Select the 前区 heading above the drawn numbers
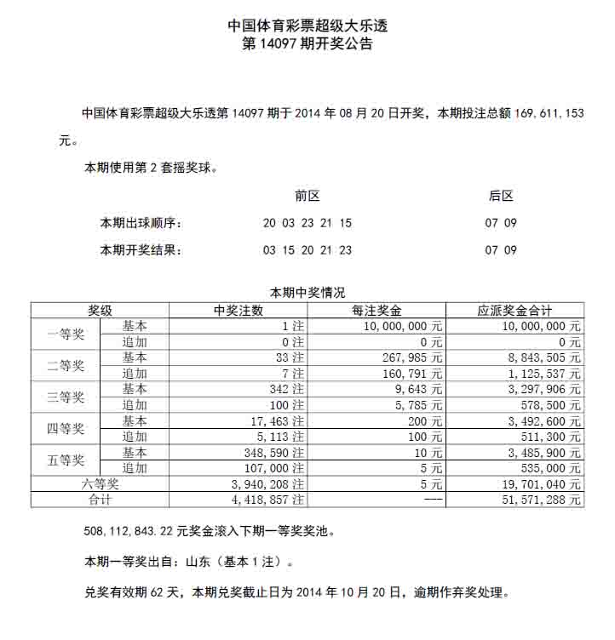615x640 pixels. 307,196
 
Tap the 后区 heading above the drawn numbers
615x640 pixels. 501,196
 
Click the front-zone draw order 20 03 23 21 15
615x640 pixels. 307,224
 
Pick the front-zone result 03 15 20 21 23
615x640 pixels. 307,250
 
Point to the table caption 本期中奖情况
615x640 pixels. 307,293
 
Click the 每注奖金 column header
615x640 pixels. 376,311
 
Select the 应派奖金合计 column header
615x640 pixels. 514,311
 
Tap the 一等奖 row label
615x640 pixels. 66,334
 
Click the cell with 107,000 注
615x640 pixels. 273,469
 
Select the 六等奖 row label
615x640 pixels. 101,484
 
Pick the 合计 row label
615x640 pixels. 101,500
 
